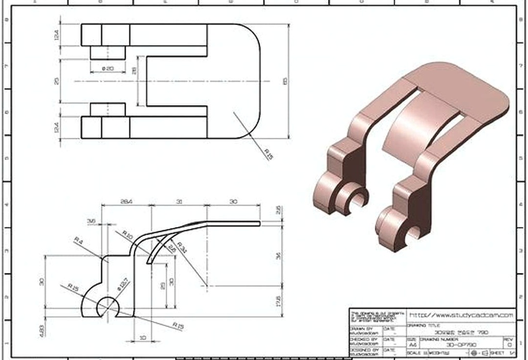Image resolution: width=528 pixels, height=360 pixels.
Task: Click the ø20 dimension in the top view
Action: click(x=108, y=68)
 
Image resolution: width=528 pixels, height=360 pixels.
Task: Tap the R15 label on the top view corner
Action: click(x=268, y=154)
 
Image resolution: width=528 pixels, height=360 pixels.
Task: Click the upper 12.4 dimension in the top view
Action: click(x=57, y=35)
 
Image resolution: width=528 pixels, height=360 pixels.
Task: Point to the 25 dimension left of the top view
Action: click(x=57, y=81)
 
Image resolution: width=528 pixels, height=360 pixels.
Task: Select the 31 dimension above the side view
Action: click(x=179, y=202)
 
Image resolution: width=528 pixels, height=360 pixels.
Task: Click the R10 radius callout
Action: click(x=127, y=235)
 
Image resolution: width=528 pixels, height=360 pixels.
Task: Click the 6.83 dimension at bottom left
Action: click(x=42, y=329)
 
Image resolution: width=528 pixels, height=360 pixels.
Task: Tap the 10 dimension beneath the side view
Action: click(x=142, y=337)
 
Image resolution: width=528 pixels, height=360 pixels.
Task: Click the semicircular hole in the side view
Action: click(x=108, y=308)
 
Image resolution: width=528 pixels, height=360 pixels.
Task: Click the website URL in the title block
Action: click(x=461, y=314)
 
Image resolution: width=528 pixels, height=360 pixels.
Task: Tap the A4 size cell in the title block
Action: click(x=412, y=344)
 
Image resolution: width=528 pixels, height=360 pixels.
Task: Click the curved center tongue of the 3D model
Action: click(x=412, y=124)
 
